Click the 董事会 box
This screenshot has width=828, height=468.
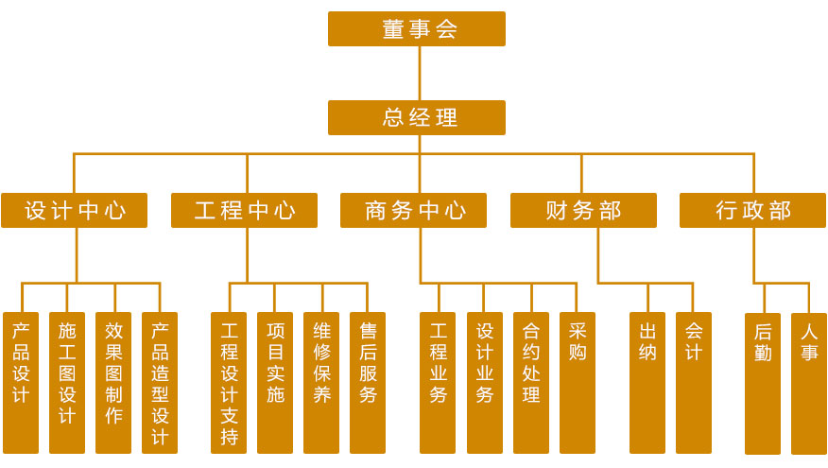(x=417, y=28)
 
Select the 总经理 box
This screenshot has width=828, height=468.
(x=417, y=117)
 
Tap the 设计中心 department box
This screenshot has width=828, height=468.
(x=74, y=210)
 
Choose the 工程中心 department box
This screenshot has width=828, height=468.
(x=244, y=210)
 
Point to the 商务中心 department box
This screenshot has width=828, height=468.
(x=413, y=210)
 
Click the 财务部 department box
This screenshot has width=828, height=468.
(x=583, y=210)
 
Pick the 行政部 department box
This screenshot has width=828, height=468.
(x=752, y=210)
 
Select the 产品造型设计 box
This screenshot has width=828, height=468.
(x=160, y=382)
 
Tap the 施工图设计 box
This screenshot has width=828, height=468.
(x=67, y=382)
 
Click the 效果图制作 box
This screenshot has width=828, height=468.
(x=113, y=382)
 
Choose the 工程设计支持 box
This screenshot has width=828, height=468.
(x=229, y=382)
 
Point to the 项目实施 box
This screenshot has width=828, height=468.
(x=275, y=382)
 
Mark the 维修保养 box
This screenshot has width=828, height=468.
(x=321, y=382)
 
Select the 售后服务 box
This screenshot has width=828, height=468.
(x=368, y=382)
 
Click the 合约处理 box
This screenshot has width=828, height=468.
(x=531, y=382)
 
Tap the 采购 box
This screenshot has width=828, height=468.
(x=578, y=382)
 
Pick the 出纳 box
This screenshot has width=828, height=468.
(x=647, y=382)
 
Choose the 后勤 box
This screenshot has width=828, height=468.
(x=763, y=384)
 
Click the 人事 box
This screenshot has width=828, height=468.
(x=809, y=384)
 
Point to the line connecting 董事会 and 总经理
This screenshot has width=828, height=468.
(x=420, y=74)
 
